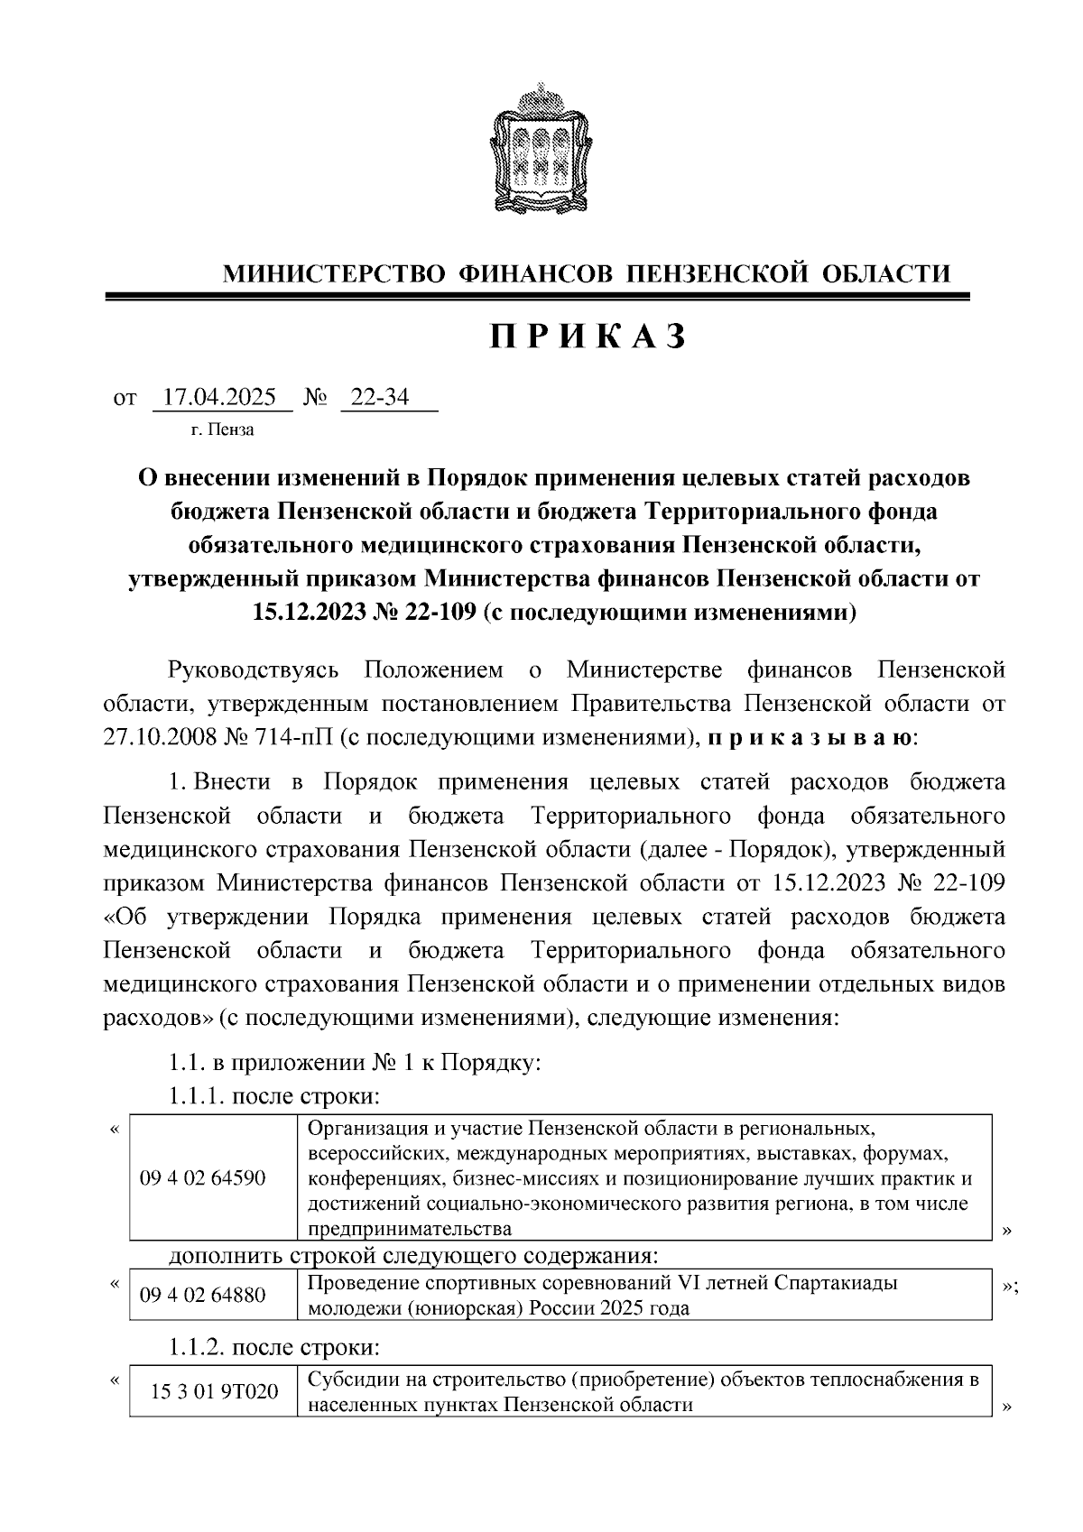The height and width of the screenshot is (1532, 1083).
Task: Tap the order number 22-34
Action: click(x=379, y=397)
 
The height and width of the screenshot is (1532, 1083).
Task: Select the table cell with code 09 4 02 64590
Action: click(x=202, y=1177)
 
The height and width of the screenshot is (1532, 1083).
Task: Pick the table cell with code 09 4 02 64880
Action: click(x=202, y=1296)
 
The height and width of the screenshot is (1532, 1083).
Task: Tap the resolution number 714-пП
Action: click(x=292, y=736)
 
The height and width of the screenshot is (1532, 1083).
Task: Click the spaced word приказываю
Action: click(x=810, y=736)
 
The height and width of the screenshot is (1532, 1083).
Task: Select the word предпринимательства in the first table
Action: click(x=410, y=1228)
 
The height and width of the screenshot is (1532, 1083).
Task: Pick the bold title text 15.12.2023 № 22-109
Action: click(x=364, y=613)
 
